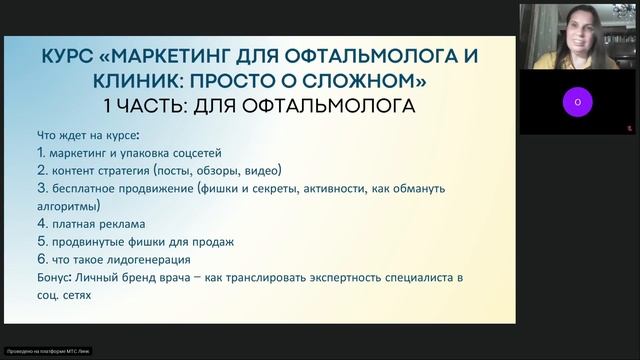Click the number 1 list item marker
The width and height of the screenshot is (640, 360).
[x=39, y=153]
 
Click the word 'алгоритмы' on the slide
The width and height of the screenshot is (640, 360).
[x=73, y=205]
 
